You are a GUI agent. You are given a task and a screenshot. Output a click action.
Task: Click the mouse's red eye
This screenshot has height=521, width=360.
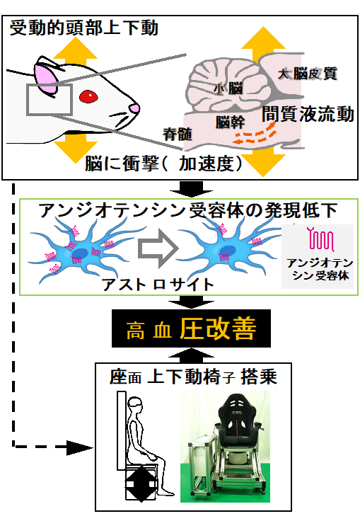tap(88, 96)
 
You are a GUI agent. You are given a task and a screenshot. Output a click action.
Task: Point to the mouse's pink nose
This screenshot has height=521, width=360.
tap(134, 108)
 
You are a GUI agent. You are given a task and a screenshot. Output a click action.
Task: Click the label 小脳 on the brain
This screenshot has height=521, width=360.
tap(228, 88)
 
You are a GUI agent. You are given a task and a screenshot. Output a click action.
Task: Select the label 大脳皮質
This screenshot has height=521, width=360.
tap(307, 74)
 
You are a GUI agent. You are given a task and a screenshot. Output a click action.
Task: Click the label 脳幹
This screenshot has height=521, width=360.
tap(230, 122)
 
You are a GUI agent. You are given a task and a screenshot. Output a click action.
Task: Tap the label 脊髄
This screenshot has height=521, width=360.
tap(178, 134)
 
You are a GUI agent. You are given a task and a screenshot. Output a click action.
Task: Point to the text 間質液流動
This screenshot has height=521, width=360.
tap(308, 114)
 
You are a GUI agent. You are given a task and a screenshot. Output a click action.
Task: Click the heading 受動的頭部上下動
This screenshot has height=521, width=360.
tap(83, 28)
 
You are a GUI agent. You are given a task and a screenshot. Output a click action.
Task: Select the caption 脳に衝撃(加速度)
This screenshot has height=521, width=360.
tap(163, 163)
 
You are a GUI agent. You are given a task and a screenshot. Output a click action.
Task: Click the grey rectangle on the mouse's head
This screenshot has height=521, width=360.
tap(50, 100)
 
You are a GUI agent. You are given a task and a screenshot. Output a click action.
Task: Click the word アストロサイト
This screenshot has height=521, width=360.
tap(158, 285)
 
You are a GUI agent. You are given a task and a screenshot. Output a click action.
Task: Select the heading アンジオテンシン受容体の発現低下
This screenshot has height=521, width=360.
tap(188, 210)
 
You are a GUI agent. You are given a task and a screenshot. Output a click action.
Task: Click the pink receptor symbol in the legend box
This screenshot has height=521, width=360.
tap(321, 239)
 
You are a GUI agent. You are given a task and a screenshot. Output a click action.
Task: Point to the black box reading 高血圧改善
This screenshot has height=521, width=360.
tap(191, 328)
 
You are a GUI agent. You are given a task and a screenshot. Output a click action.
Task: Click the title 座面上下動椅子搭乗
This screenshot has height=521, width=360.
tap(193, 377)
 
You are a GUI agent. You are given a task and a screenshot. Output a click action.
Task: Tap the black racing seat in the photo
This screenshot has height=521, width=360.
tap(237, 421)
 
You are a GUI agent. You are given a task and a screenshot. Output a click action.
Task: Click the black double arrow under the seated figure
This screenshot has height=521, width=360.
tap(141, 483)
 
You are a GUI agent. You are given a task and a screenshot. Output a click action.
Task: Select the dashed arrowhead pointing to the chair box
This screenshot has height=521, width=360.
tap(79, 448)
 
